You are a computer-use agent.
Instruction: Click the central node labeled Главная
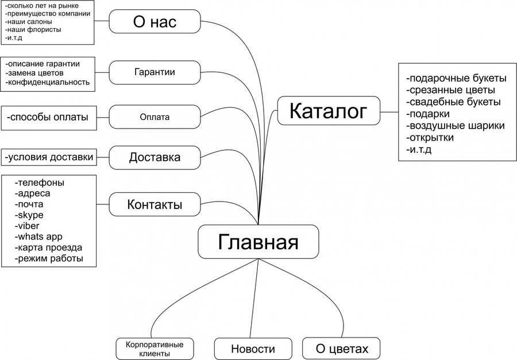point(258,242)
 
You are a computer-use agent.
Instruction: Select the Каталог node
point(329,111)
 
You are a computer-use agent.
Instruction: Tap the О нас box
point(155,21)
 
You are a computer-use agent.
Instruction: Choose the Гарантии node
point(155,72)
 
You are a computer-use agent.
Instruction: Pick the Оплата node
point(155,117)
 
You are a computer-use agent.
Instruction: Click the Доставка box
point(155,157)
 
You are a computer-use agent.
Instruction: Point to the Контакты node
point(155,204)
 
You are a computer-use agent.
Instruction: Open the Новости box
point(253,349)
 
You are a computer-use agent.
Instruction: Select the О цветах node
point(341,349)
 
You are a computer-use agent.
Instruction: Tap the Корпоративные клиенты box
point(155,349)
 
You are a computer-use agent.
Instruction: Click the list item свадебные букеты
point(453,102)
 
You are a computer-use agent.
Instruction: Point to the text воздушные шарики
point(456,126)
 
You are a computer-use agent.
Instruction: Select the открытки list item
point(430,137)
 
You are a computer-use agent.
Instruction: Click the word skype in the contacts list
point(29,215)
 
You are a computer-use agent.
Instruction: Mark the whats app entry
point(38,237)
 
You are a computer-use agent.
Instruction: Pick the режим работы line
point(49,258)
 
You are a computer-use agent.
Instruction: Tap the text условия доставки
point(49,157)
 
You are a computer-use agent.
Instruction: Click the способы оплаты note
point(48,117)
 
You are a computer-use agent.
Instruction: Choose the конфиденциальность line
point(48,82)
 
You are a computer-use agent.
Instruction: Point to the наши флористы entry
point(33,30)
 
